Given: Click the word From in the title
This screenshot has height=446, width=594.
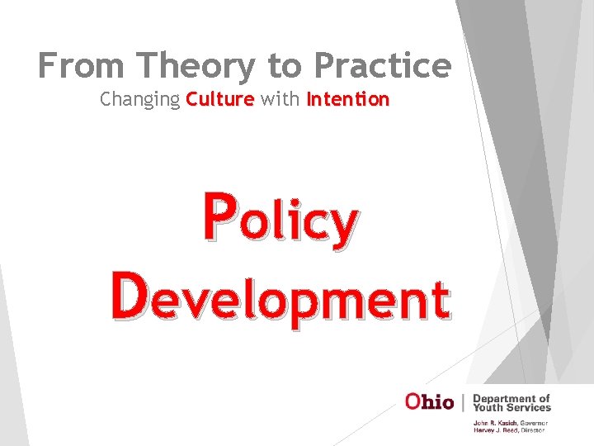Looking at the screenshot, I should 76,65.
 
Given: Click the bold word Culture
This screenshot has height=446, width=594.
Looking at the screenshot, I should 219,99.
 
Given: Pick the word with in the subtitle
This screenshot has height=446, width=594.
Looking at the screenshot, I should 280,99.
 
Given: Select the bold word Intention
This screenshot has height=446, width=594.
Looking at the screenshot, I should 347,99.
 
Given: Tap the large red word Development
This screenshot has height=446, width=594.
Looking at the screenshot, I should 280,298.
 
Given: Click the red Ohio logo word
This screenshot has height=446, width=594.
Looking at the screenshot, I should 429,402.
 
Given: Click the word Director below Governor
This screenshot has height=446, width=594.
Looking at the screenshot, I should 533,429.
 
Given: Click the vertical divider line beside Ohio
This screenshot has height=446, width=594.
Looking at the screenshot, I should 464,402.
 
